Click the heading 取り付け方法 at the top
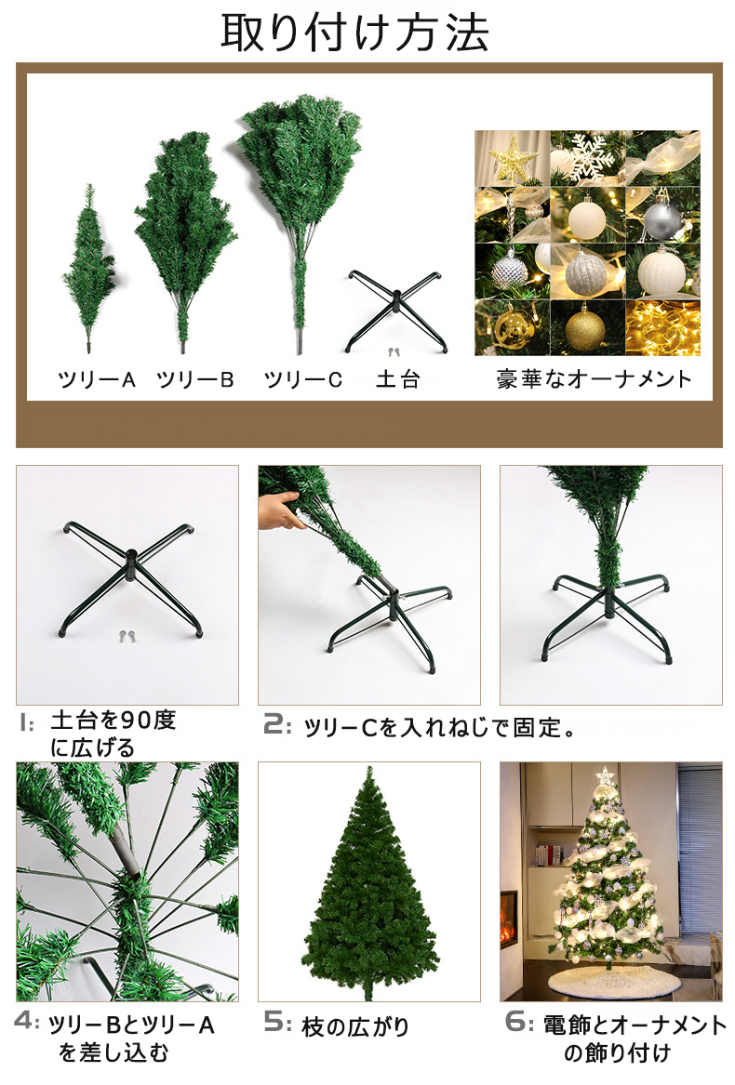pos(354,33)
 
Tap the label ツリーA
pos(97,380)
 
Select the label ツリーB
pos(195,380)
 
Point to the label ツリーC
pos(302,380)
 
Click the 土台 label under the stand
pos(397,380)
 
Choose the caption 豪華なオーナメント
pos(594,379)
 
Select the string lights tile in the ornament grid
pos(662,327)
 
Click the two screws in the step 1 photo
pos(127,636)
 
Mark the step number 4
pos(27,1023)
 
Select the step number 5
pos(277,1023)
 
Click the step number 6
pos(518,1023)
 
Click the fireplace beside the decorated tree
pos(509,920)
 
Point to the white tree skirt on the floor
pos(604,980)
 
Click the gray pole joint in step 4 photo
pos(128,850)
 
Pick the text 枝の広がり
pos(355,1026)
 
